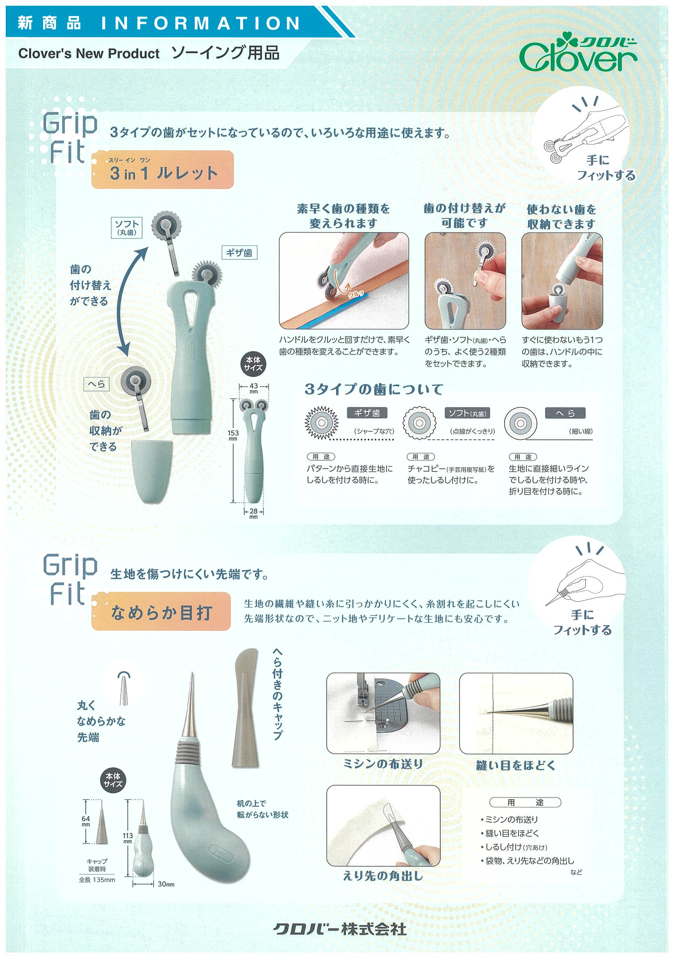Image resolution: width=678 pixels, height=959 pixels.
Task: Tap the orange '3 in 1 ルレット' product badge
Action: pos(162,170)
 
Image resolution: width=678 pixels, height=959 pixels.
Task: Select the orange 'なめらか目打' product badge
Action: pos(161,611)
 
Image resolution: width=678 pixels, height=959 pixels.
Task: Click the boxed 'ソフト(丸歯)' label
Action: pos(127,227)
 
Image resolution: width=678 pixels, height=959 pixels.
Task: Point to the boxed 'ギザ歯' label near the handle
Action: pos(239,253)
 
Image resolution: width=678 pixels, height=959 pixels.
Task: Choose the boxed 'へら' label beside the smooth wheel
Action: pos(96,384)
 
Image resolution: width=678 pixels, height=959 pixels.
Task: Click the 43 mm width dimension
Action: pos(254,388)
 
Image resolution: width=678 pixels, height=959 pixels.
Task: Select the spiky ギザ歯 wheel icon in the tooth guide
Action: pos(321,423)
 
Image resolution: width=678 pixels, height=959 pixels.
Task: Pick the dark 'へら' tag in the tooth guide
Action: pos(565,413)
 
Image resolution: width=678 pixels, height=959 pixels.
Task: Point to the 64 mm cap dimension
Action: pos(86,821)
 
